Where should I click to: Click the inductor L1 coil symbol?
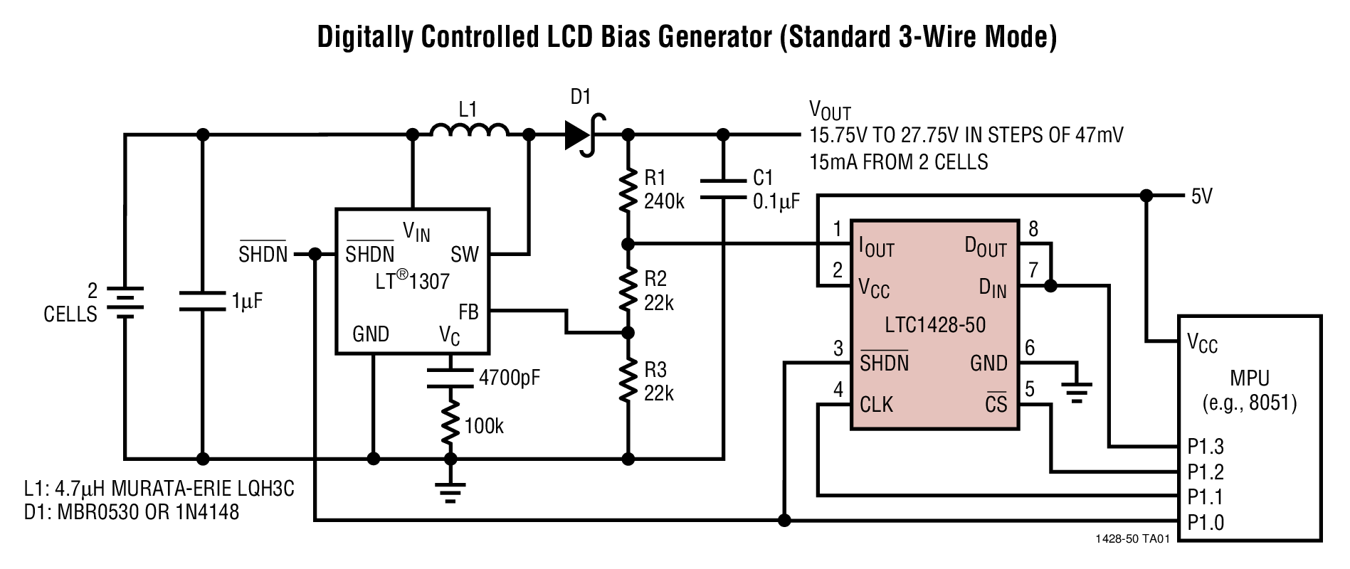point(470,131)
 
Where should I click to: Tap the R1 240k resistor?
point(627,190)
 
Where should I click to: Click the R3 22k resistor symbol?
point(627,381)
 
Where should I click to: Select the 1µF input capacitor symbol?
point(202,301)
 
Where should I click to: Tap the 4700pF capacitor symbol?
point(449,378)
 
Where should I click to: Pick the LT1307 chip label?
point(413,280)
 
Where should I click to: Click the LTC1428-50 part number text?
point(935,325)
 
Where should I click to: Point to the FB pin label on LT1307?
point(468,312)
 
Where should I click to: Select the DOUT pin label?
point(986,247)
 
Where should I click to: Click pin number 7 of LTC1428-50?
point(1033,270)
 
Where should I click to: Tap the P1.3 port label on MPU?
point(1206,446)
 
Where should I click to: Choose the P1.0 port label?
point(1206,523)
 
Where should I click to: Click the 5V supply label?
point(1201,196)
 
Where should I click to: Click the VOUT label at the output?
point(830,110)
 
